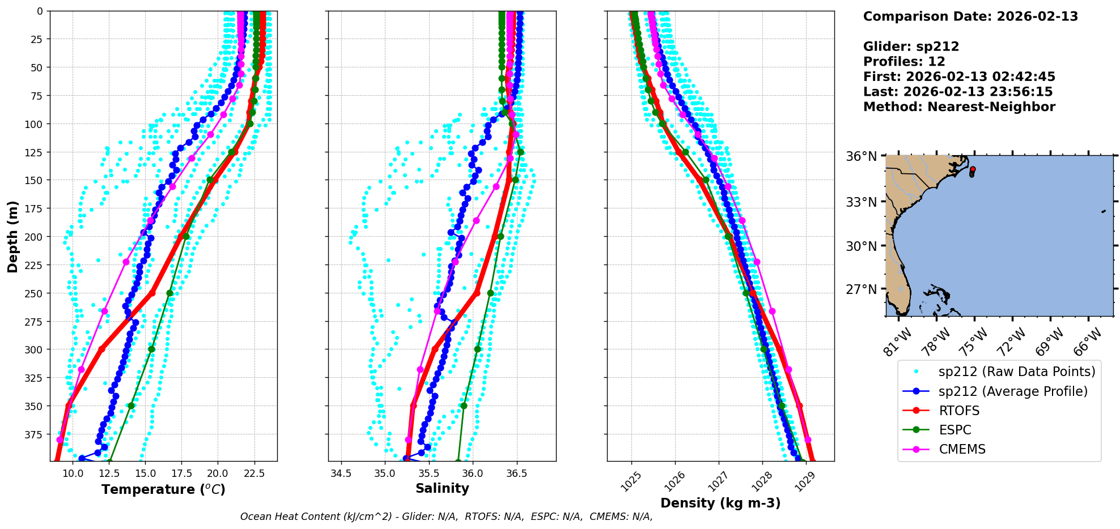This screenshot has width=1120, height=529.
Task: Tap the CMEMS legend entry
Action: (x=962, y=449)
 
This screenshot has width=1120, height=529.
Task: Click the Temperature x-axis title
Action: (x=163, y=489)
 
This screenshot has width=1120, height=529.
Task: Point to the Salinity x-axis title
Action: (x=442, y=488)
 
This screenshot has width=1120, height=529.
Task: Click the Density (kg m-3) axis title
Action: (x=720, y=503)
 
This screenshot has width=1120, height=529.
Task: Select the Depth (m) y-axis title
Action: (x=13, y=236)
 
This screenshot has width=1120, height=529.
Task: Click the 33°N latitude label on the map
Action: (x=861, y=202)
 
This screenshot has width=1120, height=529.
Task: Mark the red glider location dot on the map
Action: (x=973, y=169)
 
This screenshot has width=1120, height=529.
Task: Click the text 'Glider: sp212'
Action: (x=911, y=46)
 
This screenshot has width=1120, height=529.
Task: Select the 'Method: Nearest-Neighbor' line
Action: (x=959, y=107)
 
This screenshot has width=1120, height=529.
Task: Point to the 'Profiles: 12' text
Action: (x=904, y=62)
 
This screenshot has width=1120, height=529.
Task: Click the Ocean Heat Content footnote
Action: (x=446, y=517)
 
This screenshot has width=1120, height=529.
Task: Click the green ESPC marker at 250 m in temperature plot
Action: (x=169, y=293)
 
